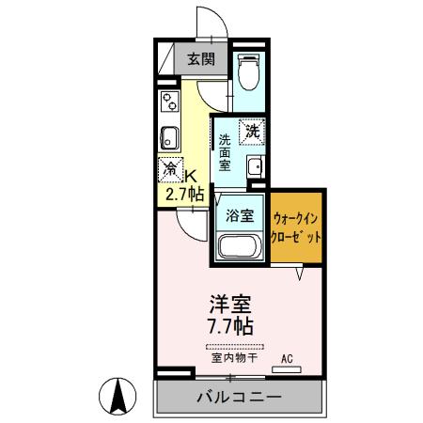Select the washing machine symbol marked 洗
[251, 133]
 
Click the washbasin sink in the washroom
[255, 168]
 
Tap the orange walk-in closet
[298, 227]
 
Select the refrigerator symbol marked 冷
[170, 171]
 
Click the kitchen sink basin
[169, 137]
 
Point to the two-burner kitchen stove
[169, 101]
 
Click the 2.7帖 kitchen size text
[184, 195]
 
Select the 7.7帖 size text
[230, 328]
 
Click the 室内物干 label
[230, 358]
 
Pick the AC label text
[290, 358]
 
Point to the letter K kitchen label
[191, 175]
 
